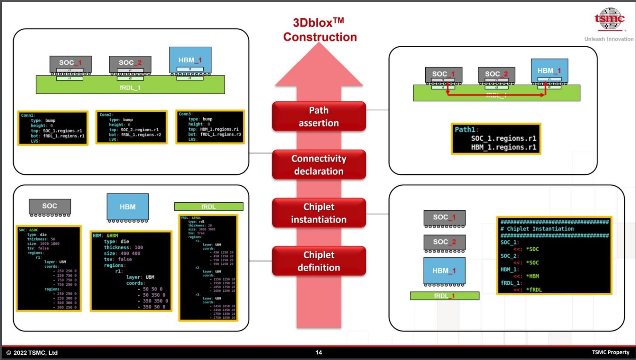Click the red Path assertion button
point(318,116)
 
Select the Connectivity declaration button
point(318,165)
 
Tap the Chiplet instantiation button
point(318,213)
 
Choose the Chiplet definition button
point(318,261)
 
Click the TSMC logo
point(609,19)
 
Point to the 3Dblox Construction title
point(320,30)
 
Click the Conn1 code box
point(53,128)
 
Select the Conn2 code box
point(131,127)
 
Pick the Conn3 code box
point(210,127)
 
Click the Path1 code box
point(496,139)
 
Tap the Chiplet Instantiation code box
point(554,255)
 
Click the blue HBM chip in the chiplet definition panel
point(128,207)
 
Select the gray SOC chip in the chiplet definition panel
point(50,206)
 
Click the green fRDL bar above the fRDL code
point(208,206)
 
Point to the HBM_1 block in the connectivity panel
point(190,60)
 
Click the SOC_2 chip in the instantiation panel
point(444,242)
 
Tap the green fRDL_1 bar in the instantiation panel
point(444,295)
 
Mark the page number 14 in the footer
point(318,353)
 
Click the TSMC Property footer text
point(610,353)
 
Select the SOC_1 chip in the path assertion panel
point(443,74)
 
